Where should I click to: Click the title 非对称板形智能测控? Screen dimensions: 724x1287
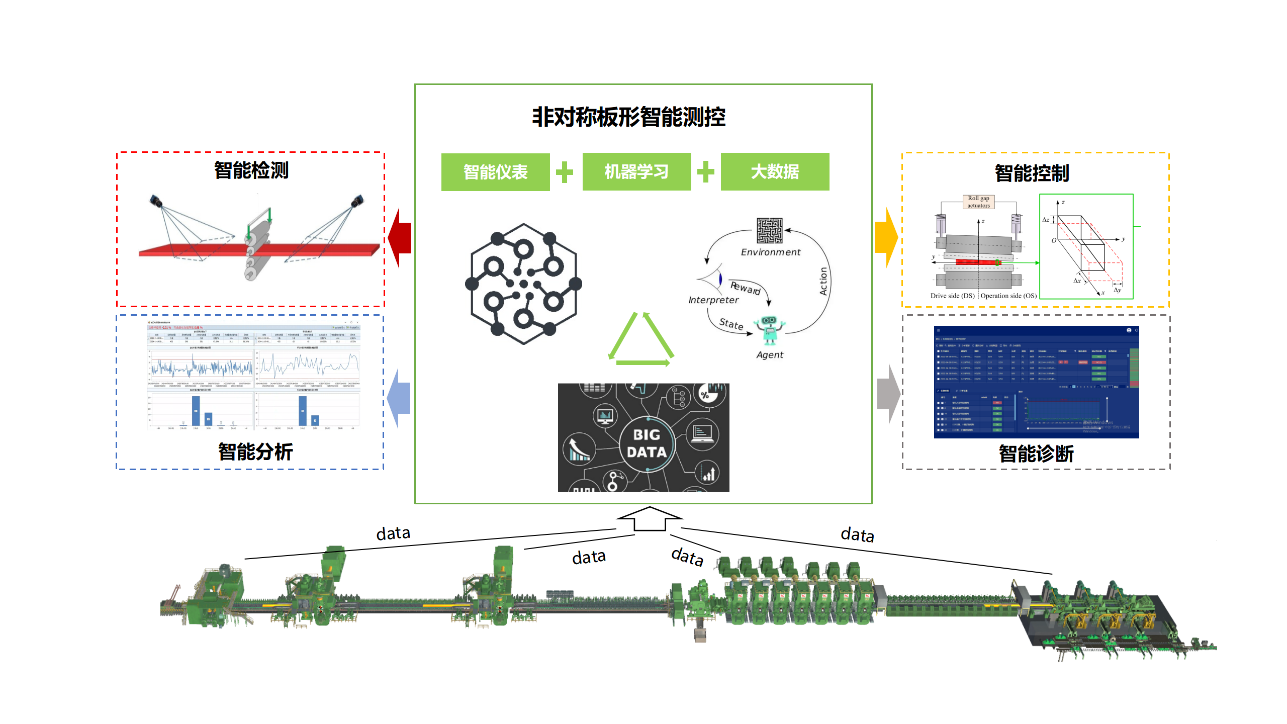tap(628, 117)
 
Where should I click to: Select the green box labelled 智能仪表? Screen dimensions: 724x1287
tap(495, 172)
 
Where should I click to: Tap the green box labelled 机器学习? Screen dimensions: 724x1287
tap(636, 172)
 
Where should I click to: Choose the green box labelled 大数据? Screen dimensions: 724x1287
tap(775, 172)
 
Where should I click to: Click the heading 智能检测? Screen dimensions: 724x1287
tap(251, 170)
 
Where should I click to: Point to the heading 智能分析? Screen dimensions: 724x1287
tap(255, 451)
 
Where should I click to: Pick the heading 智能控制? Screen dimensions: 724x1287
tap(1032, 173)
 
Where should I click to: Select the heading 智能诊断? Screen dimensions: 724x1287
tap(1036, 454)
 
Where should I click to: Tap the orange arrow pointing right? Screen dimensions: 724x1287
tap(886, 237)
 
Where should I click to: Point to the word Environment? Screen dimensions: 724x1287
tap(770, 252)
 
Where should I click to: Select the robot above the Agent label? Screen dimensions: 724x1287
tap(769, 330)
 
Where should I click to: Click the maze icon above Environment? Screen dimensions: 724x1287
tap(770, 230)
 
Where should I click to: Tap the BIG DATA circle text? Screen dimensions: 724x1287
tap(647, 443)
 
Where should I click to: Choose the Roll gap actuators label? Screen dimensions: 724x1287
tap(978, 202)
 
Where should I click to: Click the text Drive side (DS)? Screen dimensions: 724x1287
tap(952, 296)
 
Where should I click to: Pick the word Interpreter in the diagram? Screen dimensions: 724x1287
tap(713, 300)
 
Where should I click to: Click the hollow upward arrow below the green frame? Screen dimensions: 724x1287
tap(650, 519)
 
